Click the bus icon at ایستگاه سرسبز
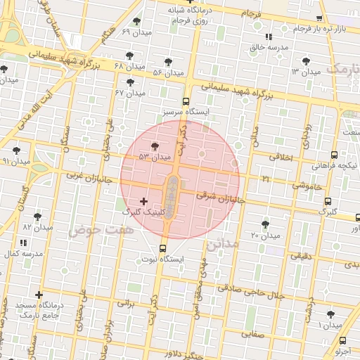click(x=186, y=101)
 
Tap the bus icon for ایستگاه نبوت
click(x=163, y=248)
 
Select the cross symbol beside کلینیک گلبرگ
click(x=144, y=201)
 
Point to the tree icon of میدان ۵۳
click(x=154, y=146)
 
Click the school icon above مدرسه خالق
click(x=269, y=37)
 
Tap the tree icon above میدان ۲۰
click(x=265, y=224)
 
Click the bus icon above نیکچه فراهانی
click(x=333, y=155)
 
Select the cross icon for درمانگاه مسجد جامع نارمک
click(x=39, y=295)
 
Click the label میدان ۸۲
click(x=38, y=228)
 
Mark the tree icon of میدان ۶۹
click(x=136, y=21)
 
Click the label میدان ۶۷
click(x=130, y=93)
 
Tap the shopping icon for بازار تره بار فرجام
click(x=321, y=18)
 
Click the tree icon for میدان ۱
click(x=330, y=314)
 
